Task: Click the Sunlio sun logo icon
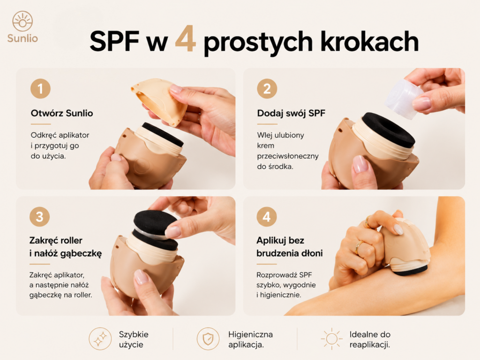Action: (22, 21)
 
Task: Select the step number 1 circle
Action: (40, 89)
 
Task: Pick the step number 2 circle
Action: (267, 89)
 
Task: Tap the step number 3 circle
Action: (39, 217)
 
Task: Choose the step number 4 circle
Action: (267, 217)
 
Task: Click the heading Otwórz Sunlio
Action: (62, 113)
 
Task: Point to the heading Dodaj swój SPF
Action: (291, 113)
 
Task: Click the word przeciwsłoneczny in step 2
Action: (288, 156)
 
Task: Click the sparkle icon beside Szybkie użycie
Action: (100, 339)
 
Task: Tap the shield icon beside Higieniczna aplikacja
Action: (208, 339)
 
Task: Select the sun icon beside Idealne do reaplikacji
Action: (331, 339)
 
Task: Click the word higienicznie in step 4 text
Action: (281, 295)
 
